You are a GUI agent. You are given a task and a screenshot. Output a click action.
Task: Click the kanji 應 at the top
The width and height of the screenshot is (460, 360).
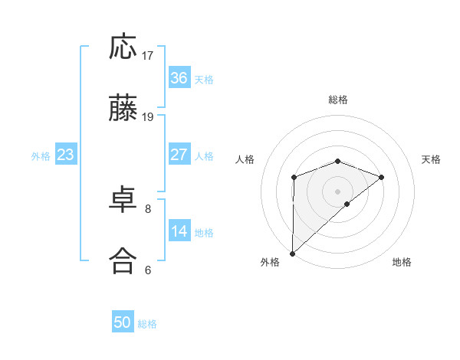(x=123, y=48)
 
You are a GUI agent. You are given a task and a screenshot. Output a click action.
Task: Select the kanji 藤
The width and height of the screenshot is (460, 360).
(x=123, y=110)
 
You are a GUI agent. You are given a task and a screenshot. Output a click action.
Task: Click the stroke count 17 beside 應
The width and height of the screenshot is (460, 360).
(x=148, y=55)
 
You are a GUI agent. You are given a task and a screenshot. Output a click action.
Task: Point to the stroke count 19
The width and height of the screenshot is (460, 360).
(x=148, y=117)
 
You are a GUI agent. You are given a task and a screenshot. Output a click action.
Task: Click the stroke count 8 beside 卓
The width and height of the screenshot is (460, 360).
(x=148, y=208)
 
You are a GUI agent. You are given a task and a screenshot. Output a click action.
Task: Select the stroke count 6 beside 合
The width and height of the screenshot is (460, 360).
(x=148, y=269)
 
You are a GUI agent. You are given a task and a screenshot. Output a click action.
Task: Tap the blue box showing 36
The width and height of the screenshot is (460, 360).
(x=179, y=78)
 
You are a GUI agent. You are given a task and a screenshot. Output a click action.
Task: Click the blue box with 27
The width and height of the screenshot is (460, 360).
(x=179, y=155)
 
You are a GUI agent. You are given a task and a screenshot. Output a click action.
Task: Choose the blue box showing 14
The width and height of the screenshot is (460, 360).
(x=179, y=231)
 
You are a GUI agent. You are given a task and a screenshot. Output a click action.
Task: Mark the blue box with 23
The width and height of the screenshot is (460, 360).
(x=66, y=155)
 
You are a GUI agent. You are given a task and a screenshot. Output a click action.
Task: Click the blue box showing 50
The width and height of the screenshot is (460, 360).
(x=123, y=322)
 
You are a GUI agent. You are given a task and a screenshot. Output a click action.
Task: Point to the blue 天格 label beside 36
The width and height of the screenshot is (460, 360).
(x=204, y=79)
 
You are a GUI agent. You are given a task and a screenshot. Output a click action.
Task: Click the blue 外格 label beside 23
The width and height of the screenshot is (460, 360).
(x=41, y=155)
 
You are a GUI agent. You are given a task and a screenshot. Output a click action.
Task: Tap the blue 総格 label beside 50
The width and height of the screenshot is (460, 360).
(x=147, y=323)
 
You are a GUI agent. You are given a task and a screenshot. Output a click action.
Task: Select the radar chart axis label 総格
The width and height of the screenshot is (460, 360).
(x=337, y=100)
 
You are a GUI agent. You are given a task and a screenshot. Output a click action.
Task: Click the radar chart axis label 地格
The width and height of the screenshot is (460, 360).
(x=402, y=262)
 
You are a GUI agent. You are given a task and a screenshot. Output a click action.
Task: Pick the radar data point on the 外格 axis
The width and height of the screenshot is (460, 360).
(x=293, y=253)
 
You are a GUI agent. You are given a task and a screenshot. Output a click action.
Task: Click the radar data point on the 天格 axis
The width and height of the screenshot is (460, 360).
(x=382, y=177)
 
